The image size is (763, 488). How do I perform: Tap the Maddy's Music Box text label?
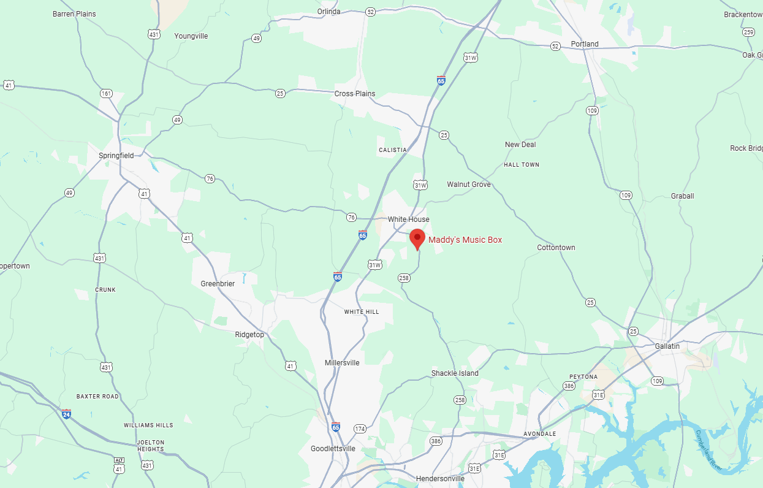(465, 240)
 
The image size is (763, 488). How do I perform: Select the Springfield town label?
(116, 156)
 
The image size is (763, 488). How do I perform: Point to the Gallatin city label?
(667, 346)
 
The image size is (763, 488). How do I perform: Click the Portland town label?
(584, 44)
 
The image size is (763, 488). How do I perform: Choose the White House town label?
(408, 219)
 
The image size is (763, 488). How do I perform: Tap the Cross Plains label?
(354, 94)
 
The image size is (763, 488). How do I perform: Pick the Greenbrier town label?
(218, 284)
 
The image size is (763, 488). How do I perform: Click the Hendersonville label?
(440, 478)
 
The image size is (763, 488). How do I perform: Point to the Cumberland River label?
(708, 451)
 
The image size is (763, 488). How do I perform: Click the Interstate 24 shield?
(66, 414)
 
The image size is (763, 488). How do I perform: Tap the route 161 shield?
(106, 94)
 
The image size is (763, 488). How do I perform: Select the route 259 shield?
(748, 32)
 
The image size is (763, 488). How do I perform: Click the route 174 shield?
(360, 429)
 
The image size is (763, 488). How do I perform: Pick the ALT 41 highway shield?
(119, 465)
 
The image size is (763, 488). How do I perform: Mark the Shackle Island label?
(455, 373)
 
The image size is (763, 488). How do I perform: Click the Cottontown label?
(556, 248)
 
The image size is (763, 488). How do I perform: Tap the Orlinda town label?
(328, 11)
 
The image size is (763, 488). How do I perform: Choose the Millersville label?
(342, 363)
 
